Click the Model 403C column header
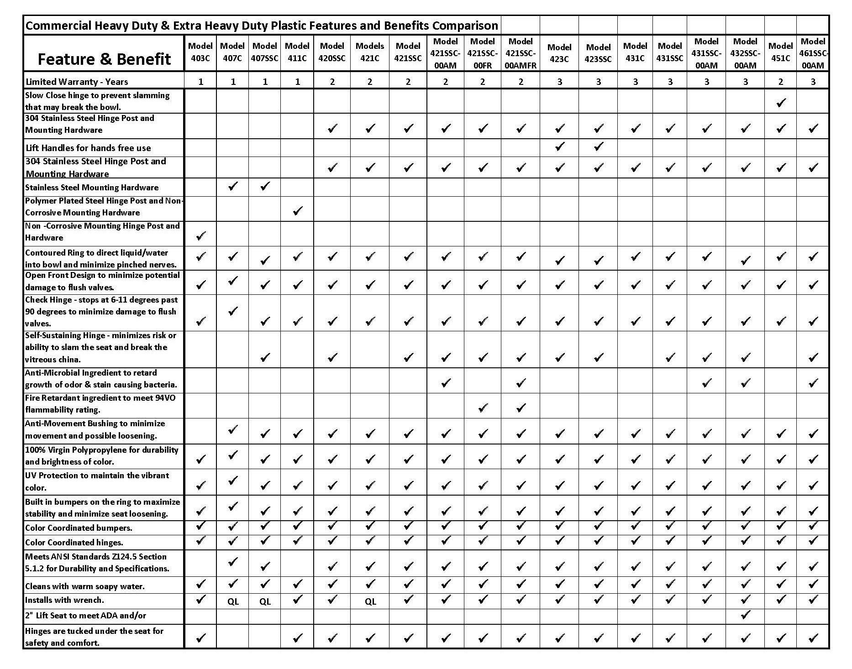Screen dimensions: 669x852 click(x=200, y=52)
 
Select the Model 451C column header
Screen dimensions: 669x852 click(x=780, y=52)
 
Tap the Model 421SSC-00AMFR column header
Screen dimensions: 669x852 click(x=520, y=53)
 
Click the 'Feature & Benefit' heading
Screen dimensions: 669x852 click(x=104, y=59)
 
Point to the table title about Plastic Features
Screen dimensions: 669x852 click(x=262, y=25)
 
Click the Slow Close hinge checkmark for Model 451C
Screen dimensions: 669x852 click(x=781, y=102)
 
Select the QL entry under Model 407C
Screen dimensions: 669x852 click(x=233, y=601)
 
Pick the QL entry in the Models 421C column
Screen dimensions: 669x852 click(x=370, y=601)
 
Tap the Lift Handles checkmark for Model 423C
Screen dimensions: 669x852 click(x=559, y=146)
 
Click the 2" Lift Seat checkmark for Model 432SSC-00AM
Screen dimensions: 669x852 click(x=745, y=615)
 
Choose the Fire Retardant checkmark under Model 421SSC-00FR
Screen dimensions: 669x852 click(x=483, y=408)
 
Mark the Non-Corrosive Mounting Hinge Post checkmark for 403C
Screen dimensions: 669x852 click(x=200, y=236)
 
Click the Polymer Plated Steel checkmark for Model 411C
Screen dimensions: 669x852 click(x=297, y=211)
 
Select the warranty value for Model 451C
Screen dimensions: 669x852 click(x=780, y=82)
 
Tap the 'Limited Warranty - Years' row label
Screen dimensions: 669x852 click(x=77, y=82)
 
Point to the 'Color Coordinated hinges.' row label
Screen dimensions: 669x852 click(x=74, y=543)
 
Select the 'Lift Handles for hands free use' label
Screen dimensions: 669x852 click(x=88, y=148)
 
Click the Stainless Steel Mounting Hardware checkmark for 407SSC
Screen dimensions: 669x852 click(x=265, y=186)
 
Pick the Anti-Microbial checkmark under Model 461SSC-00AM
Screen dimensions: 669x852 click(x=813, y=383)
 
